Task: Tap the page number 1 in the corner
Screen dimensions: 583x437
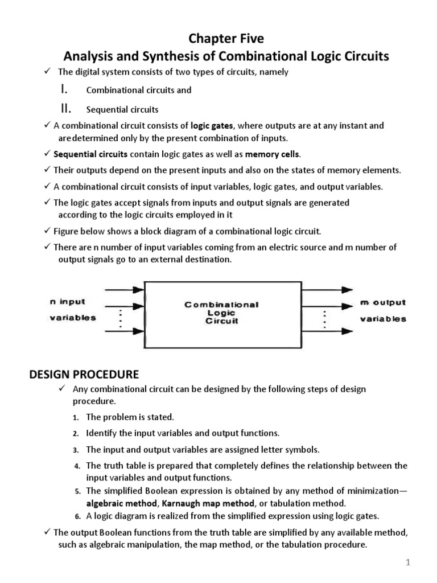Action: click(408, 563)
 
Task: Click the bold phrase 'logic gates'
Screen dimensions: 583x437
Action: click(212, 125)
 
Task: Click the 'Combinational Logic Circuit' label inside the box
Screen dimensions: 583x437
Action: click(221, 313)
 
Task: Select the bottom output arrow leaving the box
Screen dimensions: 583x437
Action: click(320, 331)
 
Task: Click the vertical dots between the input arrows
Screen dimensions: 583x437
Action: click(121, 318)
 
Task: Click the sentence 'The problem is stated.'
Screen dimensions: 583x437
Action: click(130, 417)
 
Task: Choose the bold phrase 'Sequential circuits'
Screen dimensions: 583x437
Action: click(90, 154)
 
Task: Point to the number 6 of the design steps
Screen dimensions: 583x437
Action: click(77, 517)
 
